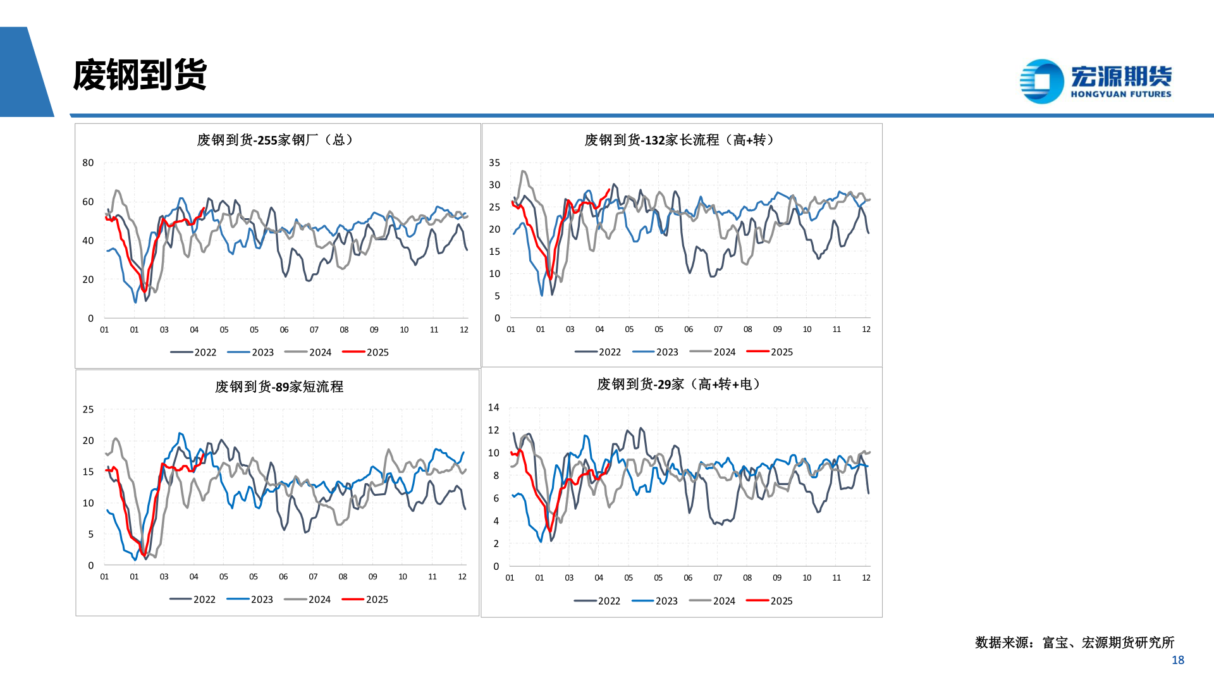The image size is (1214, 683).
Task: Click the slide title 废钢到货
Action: coord(140,76)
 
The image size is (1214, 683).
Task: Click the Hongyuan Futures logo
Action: coord(1096,81)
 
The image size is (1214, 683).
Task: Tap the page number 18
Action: coord(1177,660)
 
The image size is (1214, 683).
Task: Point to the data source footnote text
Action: coord(1074,643)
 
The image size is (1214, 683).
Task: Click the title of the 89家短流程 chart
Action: coord(279,386)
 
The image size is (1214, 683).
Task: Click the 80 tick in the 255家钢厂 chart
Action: coord(88,163)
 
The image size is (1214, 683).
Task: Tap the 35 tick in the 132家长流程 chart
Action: coord(494,163)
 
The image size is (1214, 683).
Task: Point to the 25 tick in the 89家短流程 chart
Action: coord(88,409)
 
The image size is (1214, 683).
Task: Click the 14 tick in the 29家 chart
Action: coord(493,407)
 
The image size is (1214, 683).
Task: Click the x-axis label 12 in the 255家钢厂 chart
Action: coord(464,329)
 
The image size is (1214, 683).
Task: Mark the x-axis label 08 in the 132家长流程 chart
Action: coord(748,329)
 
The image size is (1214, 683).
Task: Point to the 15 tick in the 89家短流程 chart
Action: coord(88,472)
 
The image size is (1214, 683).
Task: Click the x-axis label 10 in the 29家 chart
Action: coord(807,577)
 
